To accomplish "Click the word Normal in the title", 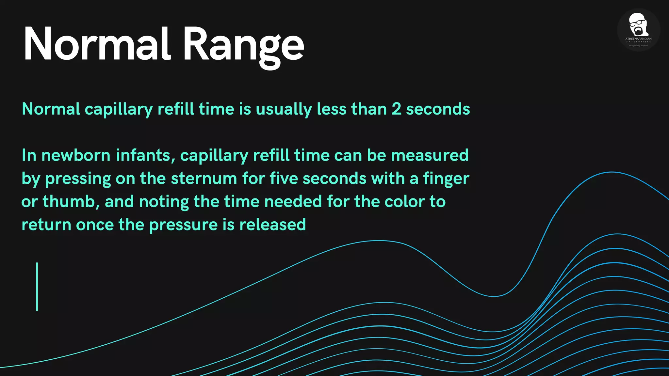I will point(97,44).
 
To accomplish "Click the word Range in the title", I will point(243,46).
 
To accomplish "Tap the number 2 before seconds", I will point(396,109).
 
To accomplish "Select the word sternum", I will point(204,179).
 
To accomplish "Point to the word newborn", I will point(76,155).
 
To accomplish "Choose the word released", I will point(272,225).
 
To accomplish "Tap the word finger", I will point(446,179).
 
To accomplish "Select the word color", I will point(404,202).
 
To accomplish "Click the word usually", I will point(284,109).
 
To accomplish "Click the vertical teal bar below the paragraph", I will point(37,287).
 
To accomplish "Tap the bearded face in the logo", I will point(638,24).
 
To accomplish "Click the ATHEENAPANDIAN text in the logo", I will point(638,39).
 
